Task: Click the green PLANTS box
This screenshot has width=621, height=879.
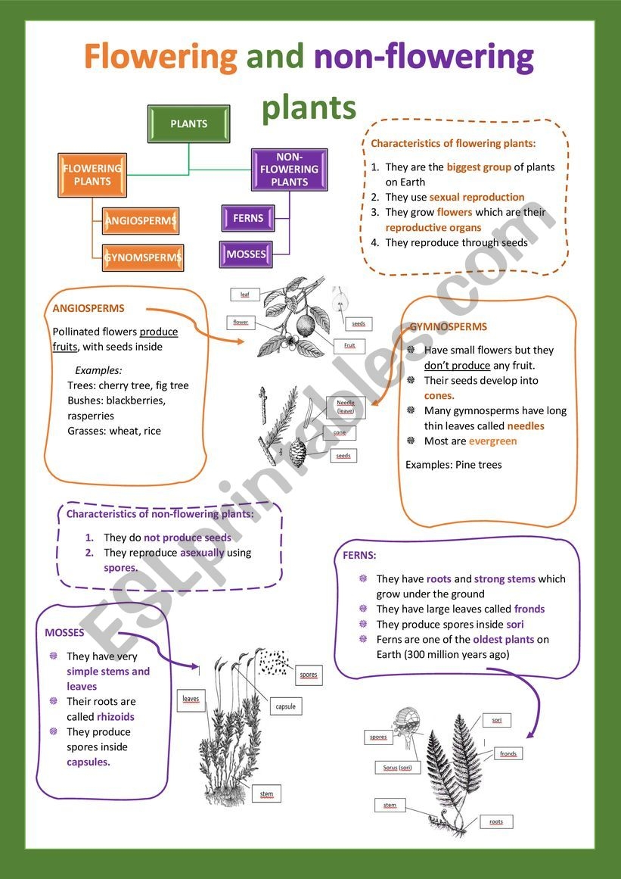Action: point(188,124)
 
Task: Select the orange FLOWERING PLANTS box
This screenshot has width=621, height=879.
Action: point(92,175)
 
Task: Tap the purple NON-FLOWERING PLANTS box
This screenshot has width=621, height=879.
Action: point(289,169)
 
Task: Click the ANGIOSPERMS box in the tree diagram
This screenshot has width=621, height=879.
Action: point(141,221)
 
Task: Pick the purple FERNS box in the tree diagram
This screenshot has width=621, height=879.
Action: point(248,218)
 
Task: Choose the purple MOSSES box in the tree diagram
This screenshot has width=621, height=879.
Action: point(246,254)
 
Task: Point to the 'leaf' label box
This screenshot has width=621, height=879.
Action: point(244,294)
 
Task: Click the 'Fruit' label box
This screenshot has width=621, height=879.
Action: point(349,345)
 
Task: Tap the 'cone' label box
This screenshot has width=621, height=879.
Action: point(339,432)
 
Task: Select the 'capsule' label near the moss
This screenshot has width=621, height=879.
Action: point(287,706)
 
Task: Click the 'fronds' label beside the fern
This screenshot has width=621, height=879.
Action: point(508,753)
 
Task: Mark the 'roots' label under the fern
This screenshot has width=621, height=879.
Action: point(495,821)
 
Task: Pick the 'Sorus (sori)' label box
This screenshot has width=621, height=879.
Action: point(397,768)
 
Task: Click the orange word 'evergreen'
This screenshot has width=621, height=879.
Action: point(492,441)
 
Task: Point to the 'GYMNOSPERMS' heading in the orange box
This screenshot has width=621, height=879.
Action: point(448,327)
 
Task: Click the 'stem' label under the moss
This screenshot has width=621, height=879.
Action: point(266,793)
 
